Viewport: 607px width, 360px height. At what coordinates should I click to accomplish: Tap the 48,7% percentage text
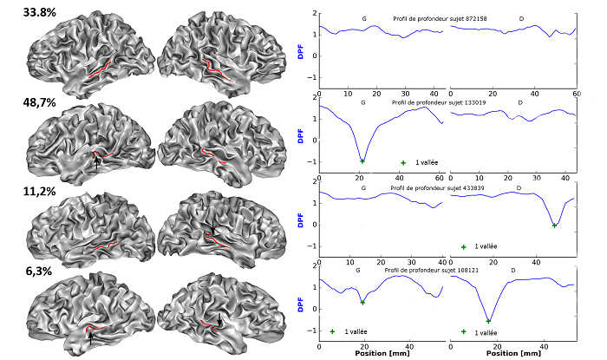[41, 102]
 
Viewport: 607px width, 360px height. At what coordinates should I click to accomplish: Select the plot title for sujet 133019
[447, 102]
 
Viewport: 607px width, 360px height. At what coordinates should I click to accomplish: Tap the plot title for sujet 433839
[447, 187]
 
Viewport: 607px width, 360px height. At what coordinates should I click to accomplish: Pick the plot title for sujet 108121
[447, 272]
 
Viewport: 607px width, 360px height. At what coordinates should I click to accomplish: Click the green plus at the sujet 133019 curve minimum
[362, 161]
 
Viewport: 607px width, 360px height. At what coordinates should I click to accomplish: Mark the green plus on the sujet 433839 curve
[555, 226]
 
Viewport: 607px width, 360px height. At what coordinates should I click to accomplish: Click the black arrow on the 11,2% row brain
[212, 227]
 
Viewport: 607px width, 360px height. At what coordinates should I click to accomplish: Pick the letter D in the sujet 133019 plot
[520, 102]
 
